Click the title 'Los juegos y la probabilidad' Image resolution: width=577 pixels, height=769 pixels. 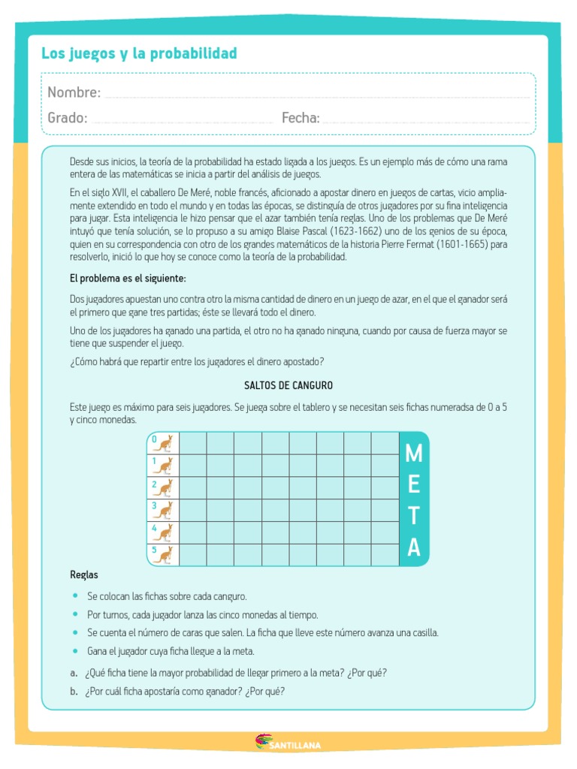tap(139, 53)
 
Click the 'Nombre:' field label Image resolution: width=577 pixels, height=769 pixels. tap(74, 92)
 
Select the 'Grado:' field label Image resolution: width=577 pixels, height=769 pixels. tap(67, 118)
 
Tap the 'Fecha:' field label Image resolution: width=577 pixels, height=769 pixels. tap(301, 118)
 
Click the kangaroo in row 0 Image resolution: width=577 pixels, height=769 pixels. tap(163, 444)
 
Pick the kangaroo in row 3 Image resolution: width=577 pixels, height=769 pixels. tap(163, 511)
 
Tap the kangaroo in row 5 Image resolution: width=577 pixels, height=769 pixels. tap(163, 555)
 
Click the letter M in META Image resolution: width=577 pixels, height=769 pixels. tap(413, 454)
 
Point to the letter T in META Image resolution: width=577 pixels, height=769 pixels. tap(413, 517)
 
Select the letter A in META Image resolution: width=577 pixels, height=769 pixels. tap(413, 548)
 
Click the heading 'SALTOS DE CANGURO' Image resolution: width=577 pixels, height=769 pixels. tap(288, 385)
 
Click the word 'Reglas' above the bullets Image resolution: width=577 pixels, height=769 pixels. tap(84, 574)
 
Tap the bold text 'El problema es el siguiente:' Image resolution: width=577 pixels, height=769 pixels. tap(128, 279)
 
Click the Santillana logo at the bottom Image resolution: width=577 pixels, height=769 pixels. tap(288, 744)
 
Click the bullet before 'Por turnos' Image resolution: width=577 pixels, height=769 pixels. tap(75, 614)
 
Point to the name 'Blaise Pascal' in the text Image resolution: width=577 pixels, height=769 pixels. tap(303, 230)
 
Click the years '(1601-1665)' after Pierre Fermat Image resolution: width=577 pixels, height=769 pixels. tap(463, 243)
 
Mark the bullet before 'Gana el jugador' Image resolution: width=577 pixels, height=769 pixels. tap(75, 650)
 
